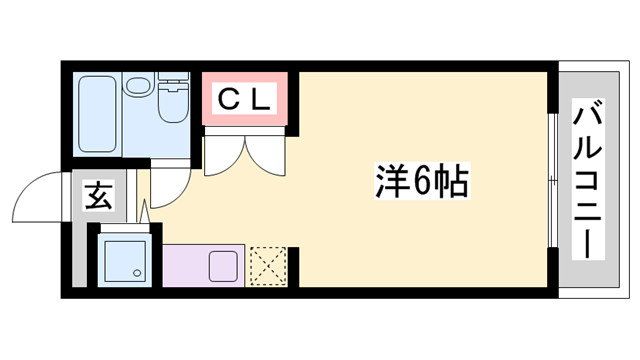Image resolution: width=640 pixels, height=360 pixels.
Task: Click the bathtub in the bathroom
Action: [97, 114]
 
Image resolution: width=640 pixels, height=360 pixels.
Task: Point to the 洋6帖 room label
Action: [420, 182]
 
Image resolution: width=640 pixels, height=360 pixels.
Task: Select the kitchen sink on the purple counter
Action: [222, 267]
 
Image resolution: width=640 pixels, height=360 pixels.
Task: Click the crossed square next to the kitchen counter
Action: [267, 266]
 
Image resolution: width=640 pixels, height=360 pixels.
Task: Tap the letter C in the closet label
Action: [228, 99]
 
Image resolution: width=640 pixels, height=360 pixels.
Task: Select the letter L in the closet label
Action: [259, 99]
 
